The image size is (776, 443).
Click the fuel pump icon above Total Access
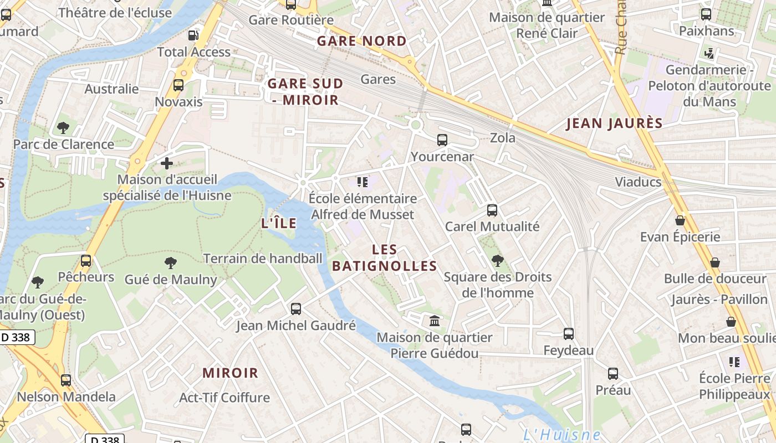click(193, 35)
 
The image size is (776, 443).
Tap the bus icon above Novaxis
click(178, 85)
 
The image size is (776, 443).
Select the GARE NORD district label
click(361, 41)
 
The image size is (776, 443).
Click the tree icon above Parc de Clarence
click(63, 128)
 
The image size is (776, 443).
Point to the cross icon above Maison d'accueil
click(167, 163)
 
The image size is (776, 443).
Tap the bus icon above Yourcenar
click(442, 140)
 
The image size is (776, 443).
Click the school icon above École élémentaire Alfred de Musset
click(363, 182)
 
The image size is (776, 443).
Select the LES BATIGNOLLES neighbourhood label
click(385, 258)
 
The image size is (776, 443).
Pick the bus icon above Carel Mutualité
click(492, 210)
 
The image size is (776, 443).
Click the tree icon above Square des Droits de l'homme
click(497, 260)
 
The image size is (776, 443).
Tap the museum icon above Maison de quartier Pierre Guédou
click(435, 321)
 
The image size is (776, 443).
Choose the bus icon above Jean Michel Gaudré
click(296, 309)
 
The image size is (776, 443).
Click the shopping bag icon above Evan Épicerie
click(680, 220)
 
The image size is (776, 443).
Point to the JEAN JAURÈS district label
click(614, 123)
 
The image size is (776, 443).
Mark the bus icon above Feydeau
click(568, 334)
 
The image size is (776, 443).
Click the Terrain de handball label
click(263, 258)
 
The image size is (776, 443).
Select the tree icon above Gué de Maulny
click(170, 263)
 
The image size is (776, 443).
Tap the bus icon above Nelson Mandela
click(66, 380)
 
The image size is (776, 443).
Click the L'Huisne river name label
click(561, 435)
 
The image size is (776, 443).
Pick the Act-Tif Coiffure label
click(224, 398)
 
